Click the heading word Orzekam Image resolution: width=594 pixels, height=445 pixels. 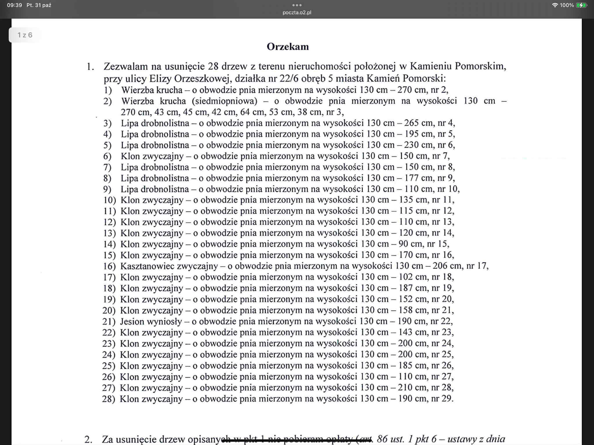pyautogui.click(x=288, y=47)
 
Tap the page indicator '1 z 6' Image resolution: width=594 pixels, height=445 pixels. pyautogui.click(x=25, y=35)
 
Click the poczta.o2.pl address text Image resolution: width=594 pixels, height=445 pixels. pyautogui.click(x=297, y=12)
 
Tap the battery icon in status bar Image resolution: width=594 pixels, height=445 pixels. pyautogui.click(x=581, y=5)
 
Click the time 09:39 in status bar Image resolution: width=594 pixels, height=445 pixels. pyautogui.click(x=15, y=5)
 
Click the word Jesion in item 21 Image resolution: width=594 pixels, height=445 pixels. pyautogui.click(x=132, y=321)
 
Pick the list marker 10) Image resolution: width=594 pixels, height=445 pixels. pyautogui.click(x=109, y=200)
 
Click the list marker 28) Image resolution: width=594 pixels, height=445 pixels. pyautogui.click(x=108, y=399)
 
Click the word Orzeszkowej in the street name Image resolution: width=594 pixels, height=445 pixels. pyautogui.click(x=200, y=79)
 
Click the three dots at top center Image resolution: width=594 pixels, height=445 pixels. pyautogui.click(x=297, y=5)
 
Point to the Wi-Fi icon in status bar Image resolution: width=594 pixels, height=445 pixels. pyautogui.click(x=555, y=5)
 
